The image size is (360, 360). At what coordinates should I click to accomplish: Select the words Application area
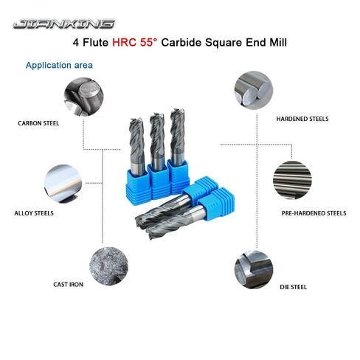59,65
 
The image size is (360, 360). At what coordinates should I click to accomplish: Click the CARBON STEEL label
38,123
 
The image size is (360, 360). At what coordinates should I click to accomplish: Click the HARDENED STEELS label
302,118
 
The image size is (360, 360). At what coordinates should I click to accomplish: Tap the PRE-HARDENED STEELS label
314,212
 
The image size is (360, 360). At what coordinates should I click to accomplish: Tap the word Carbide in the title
198,44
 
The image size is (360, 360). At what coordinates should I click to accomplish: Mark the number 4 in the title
76,44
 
